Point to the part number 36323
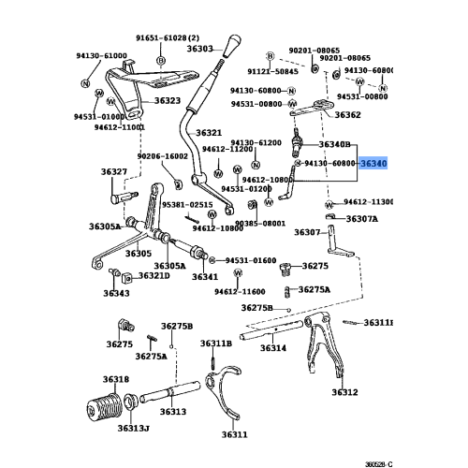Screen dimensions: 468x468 pos(168,100)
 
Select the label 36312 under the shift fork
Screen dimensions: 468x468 pos(345,392)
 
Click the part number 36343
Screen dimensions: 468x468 pos(117,293)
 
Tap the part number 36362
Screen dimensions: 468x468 pos(348,115)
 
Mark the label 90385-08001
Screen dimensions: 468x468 pos(260,224)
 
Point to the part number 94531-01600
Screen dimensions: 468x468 pos(245,260)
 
